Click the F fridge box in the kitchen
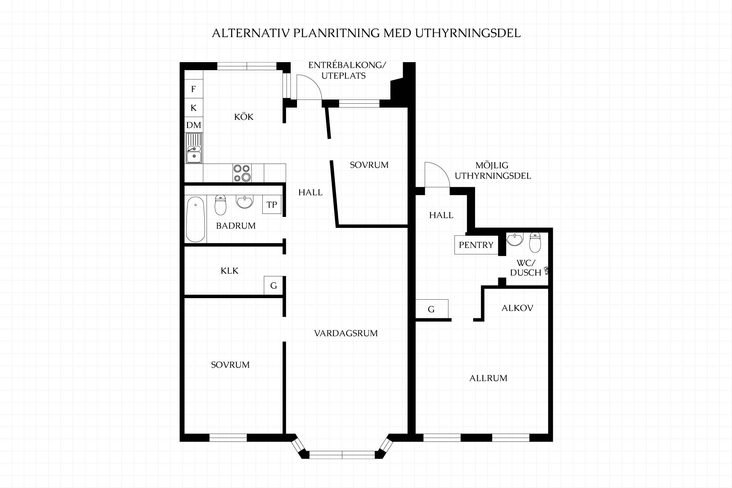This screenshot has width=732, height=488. pos(194,89)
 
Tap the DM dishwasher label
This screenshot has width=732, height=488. pos(194,125)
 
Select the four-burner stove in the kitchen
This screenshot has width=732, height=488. pos(242,173)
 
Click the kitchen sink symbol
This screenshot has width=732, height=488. pos(194,148)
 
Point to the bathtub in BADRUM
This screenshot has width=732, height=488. pos(196,219)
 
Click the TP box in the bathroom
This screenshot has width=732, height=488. pos(272,205)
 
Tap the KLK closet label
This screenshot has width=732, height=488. pos(230,271)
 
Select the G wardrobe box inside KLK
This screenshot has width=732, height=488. pos(273,286)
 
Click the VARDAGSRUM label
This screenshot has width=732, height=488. pos(346,333)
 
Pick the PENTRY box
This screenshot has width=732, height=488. pos(476,245)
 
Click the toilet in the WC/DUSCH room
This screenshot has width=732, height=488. pos(535,242)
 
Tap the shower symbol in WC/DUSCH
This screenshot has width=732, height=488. pos(547,270)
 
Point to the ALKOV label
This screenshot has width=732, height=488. pos(517,308)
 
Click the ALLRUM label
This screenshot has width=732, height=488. pos(488,378)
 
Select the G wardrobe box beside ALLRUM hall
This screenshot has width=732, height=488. pos(432,309)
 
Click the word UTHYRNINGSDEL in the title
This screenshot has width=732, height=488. pos(468,33)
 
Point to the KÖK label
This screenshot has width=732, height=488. pos(244,117)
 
